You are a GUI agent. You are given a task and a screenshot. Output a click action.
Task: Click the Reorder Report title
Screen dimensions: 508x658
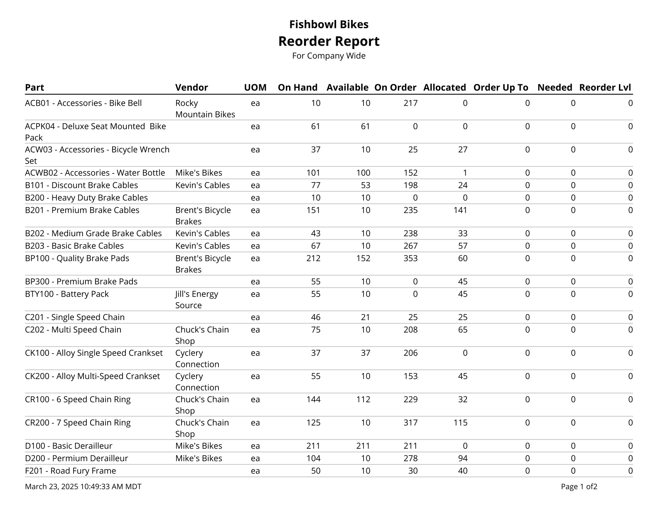click(x=329, y=41)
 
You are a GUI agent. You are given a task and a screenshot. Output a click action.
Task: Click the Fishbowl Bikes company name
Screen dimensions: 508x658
click(x=329, y=24)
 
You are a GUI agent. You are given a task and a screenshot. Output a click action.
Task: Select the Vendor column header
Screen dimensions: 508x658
click(x=192, y=87)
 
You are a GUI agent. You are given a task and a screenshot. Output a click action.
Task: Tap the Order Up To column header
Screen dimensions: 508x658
click(x=501, y=87)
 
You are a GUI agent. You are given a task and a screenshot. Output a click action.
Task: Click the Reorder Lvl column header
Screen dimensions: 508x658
click(x=605, y=87)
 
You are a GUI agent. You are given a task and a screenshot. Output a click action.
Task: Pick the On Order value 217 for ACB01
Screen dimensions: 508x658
click(x=410, y=103)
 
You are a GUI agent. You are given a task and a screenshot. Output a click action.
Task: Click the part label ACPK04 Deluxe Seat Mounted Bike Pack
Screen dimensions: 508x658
click(x=95, y=132)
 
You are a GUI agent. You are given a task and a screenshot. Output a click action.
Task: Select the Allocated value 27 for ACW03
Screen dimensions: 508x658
click(x=463, y=149)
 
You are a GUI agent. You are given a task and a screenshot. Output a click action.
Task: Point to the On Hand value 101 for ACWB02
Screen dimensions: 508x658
click(x=313, y=173)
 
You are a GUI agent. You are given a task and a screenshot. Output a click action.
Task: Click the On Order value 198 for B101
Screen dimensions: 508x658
click(x=410, y=185)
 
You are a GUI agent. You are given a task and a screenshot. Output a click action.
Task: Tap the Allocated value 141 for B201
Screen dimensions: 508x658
click(x=460, y=210)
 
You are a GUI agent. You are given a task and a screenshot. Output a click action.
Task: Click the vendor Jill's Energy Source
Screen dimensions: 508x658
click(x=196, y=299)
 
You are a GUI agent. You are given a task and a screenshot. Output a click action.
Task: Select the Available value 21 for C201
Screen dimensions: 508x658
click(x=365, y=317)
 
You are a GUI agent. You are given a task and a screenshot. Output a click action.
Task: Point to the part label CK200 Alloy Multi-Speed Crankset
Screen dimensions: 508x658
click(x=92, y=376)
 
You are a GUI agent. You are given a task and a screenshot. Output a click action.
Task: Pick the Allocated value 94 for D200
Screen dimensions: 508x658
click(x=463, y=458)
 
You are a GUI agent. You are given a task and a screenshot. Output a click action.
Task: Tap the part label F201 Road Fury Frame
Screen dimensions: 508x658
click(x=70, y=471)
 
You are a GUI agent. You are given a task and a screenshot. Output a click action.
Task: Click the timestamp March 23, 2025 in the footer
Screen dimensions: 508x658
click(x=83, y=486)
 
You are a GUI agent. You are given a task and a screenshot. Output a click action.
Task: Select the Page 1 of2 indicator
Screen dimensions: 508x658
click(x=579, y=486)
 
